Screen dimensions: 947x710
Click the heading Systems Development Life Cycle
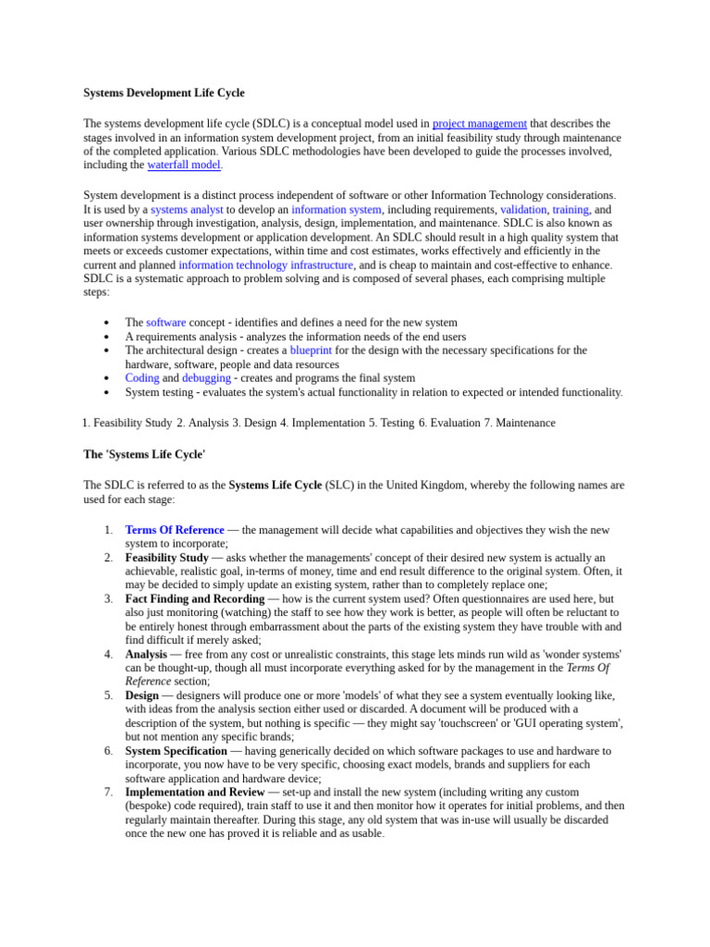[164, 93]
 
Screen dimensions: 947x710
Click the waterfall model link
[184, 165]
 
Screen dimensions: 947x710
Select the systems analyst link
[187, 210]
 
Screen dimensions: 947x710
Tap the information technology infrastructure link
[265, 265]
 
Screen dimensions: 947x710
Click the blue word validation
[523, 210]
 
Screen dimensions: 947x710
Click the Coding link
[142, 378]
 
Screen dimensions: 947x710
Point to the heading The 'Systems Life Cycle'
[144, 454]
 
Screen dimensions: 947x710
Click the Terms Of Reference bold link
[175, 530]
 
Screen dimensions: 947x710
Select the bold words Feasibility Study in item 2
[167, 558]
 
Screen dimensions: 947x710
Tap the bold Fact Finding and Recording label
[195, 598]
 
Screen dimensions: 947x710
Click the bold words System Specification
[176, 751]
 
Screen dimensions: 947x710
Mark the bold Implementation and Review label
[195, 793]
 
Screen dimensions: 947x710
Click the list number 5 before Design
[108, 695]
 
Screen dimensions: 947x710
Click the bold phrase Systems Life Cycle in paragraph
[275, 485]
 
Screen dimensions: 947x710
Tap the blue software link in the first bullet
[166, 323]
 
